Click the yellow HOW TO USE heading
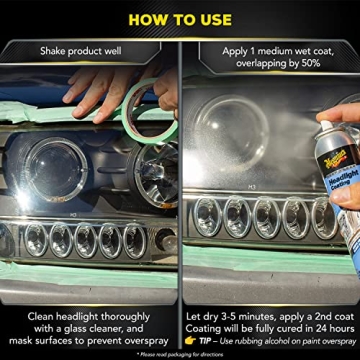[x=180, y=18]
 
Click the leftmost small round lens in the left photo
[x=37, y=241]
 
